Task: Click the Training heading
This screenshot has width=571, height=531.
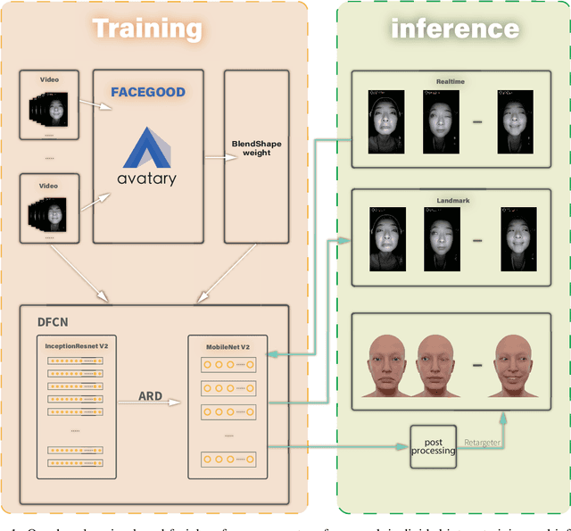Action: click(147, 28)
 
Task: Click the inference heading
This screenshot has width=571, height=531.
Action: click(455, 28)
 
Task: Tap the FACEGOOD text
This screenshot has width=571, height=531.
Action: click(147, 92)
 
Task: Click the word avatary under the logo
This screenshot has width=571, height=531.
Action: click(147, 178)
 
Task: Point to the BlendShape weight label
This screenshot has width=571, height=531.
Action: click(256, 147)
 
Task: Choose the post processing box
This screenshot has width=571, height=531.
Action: click(433, 444)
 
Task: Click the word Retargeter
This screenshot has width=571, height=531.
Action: click(482, 441)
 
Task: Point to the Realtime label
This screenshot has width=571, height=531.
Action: click(449, 81)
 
